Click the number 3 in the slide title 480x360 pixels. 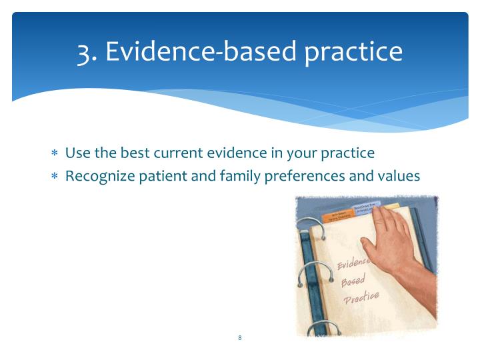pos(85,52)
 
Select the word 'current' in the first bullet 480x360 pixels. pos(182,153)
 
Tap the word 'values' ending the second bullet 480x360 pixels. pos(399,177)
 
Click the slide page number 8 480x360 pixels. pos(239,338)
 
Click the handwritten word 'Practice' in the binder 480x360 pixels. pos(361,297)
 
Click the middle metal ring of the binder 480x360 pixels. pos(313,270)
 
